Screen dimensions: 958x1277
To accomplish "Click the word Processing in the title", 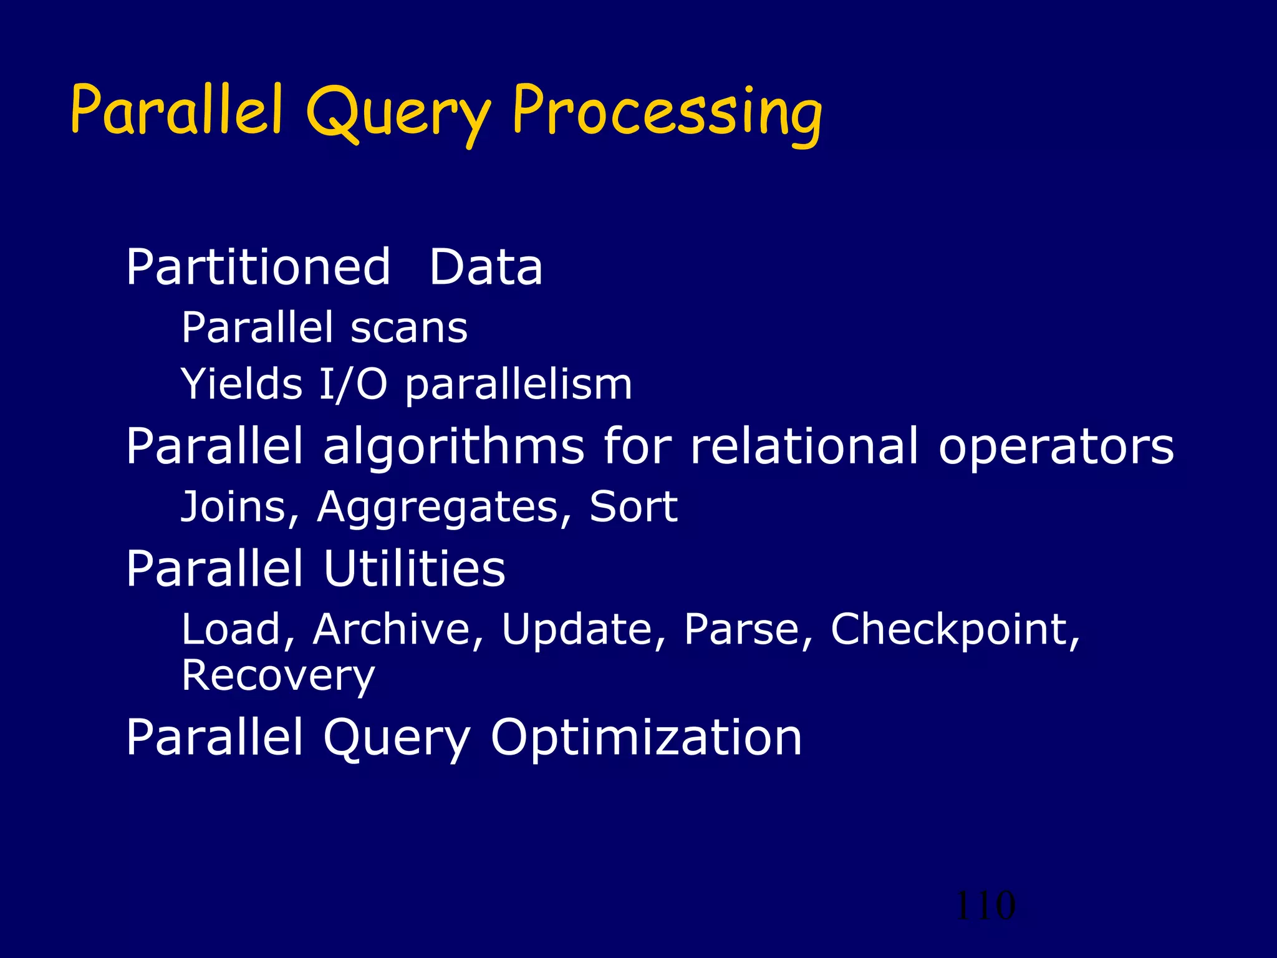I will (x=667, y=112).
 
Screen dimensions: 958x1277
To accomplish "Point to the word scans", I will (x=408, y=328).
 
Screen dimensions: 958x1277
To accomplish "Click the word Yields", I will (x=241, y=384).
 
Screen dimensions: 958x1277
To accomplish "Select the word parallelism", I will (x=519, y=385).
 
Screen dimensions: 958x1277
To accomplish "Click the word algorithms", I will (x=454, y=447).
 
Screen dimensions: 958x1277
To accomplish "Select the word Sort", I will (x=634, y=506).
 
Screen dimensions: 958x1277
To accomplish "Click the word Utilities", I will (x=414, y=568).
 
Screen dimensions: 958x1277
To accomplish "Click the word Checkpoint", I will (x=954, y=630).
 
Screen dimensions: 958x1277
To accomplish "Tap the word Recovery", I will (x=278, y=676).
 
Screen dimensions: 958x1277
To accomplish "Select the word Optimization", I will (x=646, y=737).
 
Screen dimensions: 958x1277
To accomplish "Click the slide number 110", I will (x=985, y=906).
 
